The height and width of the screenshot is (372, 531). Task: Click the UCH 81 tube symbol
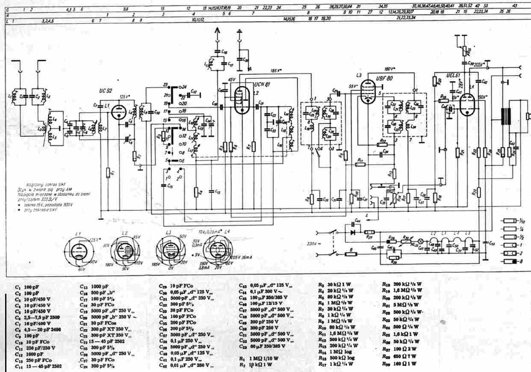pos(242,99)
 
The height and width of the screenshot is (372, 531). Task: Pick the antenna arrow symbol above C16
pos(218,32)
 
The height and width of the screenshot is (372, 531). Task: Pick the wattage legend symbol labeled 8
pos(511,261)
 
